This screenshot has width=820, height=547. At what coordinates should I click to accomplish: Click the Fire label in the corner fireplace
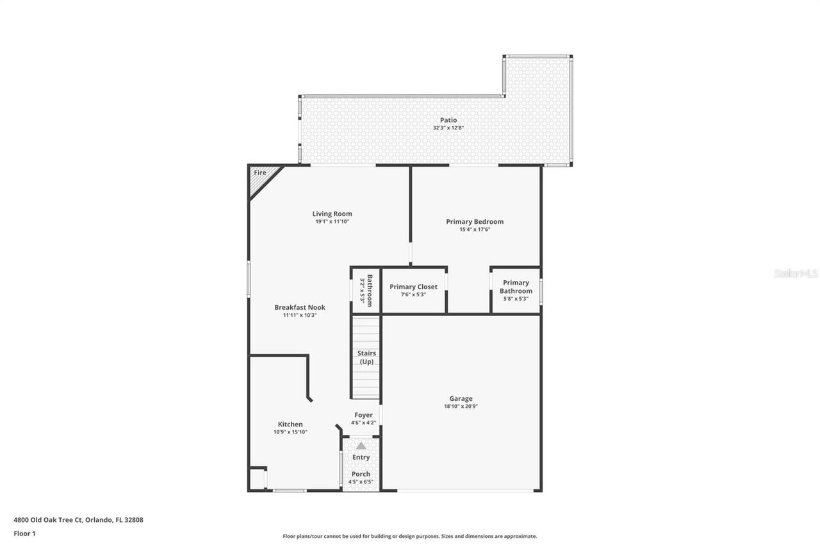(259, 173)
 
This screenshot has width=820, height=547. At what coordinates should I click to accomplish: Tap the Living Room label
(332, 214)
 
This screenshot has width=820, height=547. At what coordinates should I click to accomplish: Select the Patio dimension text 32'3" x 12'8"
(448, 128)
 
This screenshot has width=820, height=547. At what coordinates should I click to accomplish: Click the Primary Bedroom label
(475, 222)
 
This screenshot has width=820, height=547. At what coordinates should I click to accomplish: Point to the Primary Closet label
(413, 287)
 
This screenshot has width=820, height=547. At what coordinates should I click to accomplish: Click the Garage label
(461, 399)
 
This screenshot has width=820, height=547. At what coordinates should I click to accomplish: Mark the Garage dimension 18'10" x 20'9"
(461, 406)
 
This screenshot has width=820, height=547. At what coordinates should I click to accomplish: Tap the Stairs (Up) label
(366, 357)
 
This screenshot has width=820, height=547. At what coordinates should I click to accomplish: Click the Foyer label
(363, 416)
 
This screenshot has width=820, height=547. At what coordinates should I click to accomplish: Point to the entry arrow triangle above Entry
(361, 445)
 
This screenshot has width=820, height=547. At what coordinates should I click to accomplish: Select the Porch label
(361, 475)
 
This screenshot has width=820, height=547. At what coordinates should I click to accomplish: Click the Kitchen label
(290, 425)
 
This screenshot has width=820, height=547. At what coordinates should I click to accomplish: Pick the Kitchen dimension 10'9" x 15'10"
(290, 432)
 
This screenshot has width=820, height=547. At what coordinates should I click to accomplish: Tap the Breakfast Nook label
(300, 308)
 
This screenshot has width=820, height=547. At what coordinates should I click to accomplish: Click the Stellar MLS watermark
(796, 273)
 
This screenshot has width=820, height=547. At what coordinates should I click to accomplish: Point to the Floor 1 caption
(24, 533)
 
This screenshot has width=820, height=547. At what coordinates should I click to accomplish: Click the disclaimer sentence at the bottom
(410, 536)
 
